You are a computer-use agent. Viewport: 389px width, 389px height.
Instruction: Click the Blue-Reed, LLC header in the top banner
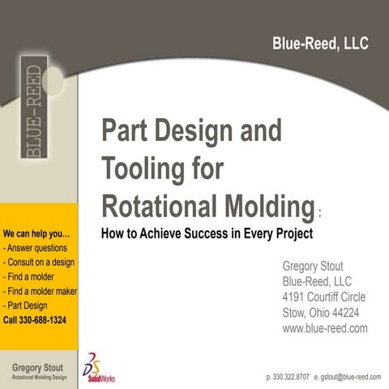(320, 44)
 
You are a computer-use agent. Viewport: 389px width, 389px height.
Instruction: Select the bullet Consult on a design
(41, 263)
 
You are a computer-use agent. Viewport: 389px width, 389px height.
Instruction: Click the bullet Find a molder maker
(41, 291)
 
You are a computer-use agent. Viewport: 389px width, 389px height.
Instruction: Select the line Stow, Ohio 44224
(320, 312)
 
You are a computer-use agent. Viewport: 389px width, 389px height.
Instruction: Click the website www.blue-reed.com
(324, 328)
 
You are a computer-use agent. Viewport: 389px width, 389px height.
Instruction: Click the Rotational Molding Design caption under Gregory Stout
(39, 378)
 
